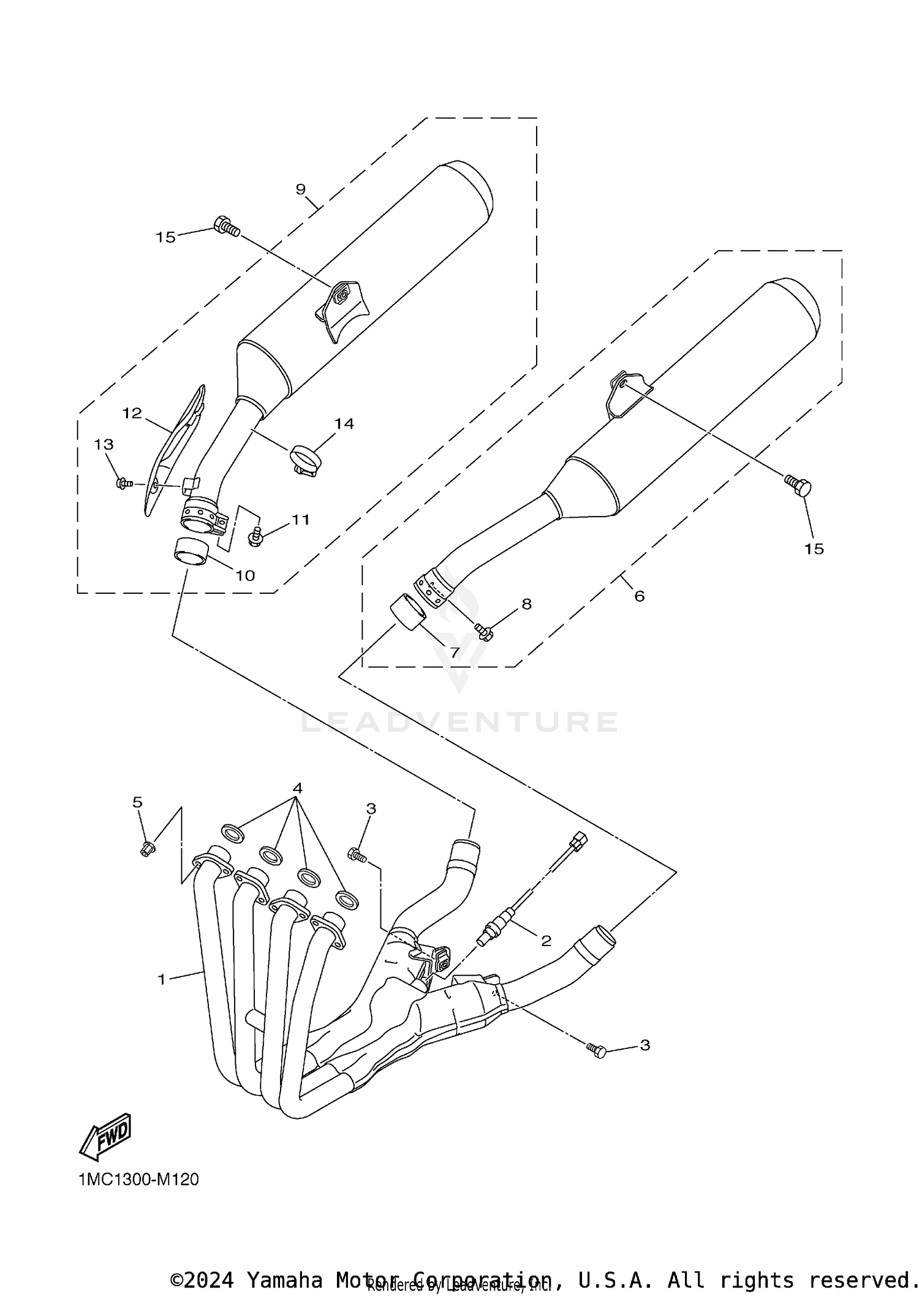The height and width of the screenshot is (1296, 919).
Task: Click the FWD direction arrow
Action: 105,1136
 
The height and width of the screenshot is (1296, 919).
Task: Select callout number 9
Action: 300,189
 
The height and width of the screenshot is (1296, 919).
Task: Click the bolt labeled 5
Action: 147,849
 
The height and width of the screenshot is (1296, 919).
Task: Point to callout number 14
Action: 344,423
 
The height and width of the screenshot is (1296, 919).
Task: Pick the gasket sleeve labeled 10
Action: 191,550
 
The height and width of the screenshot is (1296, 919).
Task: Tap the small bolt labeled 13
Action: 123,483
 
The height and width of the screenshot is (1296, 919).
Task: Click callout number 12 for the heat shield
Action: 132,413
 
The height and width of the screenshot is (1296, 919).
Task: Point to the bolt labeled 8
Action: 484,630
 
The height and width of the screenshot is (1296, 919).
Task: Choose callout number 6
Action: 639,596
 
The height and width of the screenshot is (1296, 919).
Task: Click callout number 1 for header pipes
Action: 162,980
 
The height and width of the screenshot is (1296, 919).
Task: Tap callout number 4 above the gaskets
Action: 298,787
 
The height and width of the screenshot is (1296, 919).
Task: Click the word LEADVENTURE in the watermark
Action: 459,722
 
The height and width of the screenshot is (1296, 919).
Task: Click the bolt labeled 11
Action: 254,539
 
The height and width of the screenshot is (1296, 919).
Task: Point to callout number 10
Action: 245,575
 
